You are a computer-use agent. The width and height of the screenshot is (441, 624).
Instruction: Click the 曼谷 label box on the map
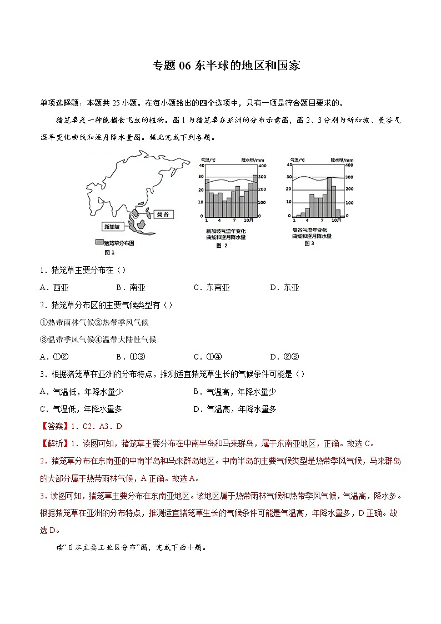(163, 213)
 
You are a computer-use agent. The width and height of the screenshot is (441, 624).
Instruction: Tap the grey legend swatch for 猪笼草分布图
(99, 243)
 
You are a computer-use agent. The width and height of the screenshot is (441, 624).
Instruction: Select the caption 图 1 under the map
(109, 252)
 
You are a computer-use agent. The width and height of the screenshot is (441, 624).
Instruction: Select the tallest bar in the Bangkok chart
(330, 197)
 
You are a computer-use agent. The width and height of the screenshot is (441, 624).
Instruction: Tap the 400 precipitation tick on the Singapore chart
(263, 166)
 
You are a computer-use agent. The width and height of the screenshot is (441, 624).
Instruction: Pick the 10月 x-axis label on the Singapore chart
(247, 221)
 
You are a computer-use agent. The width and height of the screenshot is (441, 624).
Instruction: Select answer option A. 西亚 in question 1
(54, 287)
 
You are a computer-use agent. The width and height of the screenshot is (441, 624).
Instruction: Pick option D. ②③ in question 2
(284, 357)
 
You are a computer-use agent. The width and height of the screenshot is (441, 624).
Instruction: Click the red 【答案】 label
(54, 426)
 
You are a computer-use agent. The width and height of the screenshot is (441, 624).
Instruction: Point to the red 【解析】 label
(54, 443)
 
